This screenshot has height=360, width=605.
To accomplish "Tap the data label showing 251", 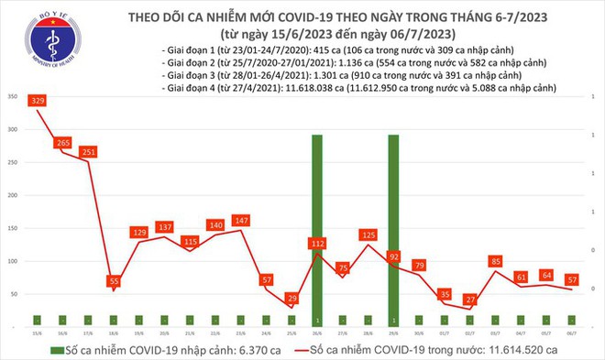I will pyautogui.click(x=89, y=151).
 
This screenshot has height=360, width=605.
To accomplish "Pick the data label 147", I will pyautogui.click(x=242, y=221).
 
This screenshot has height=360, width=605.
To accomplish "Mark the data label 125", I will pyautogui.click(x=368, y=235).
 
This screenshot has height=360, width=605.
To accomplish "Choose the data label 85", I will pyautogui.click(x=495, y=262).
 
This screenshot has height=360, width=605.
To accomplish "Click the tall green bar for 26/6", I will pyautogui.click(x=317, y=229).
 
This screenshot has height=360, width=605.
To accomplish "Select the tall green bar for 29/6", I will pyautogui.click(x=393, y=229).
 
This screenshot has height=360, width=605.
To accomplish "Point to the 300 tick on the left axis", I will pyautogui.click(x=11, y=130).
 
